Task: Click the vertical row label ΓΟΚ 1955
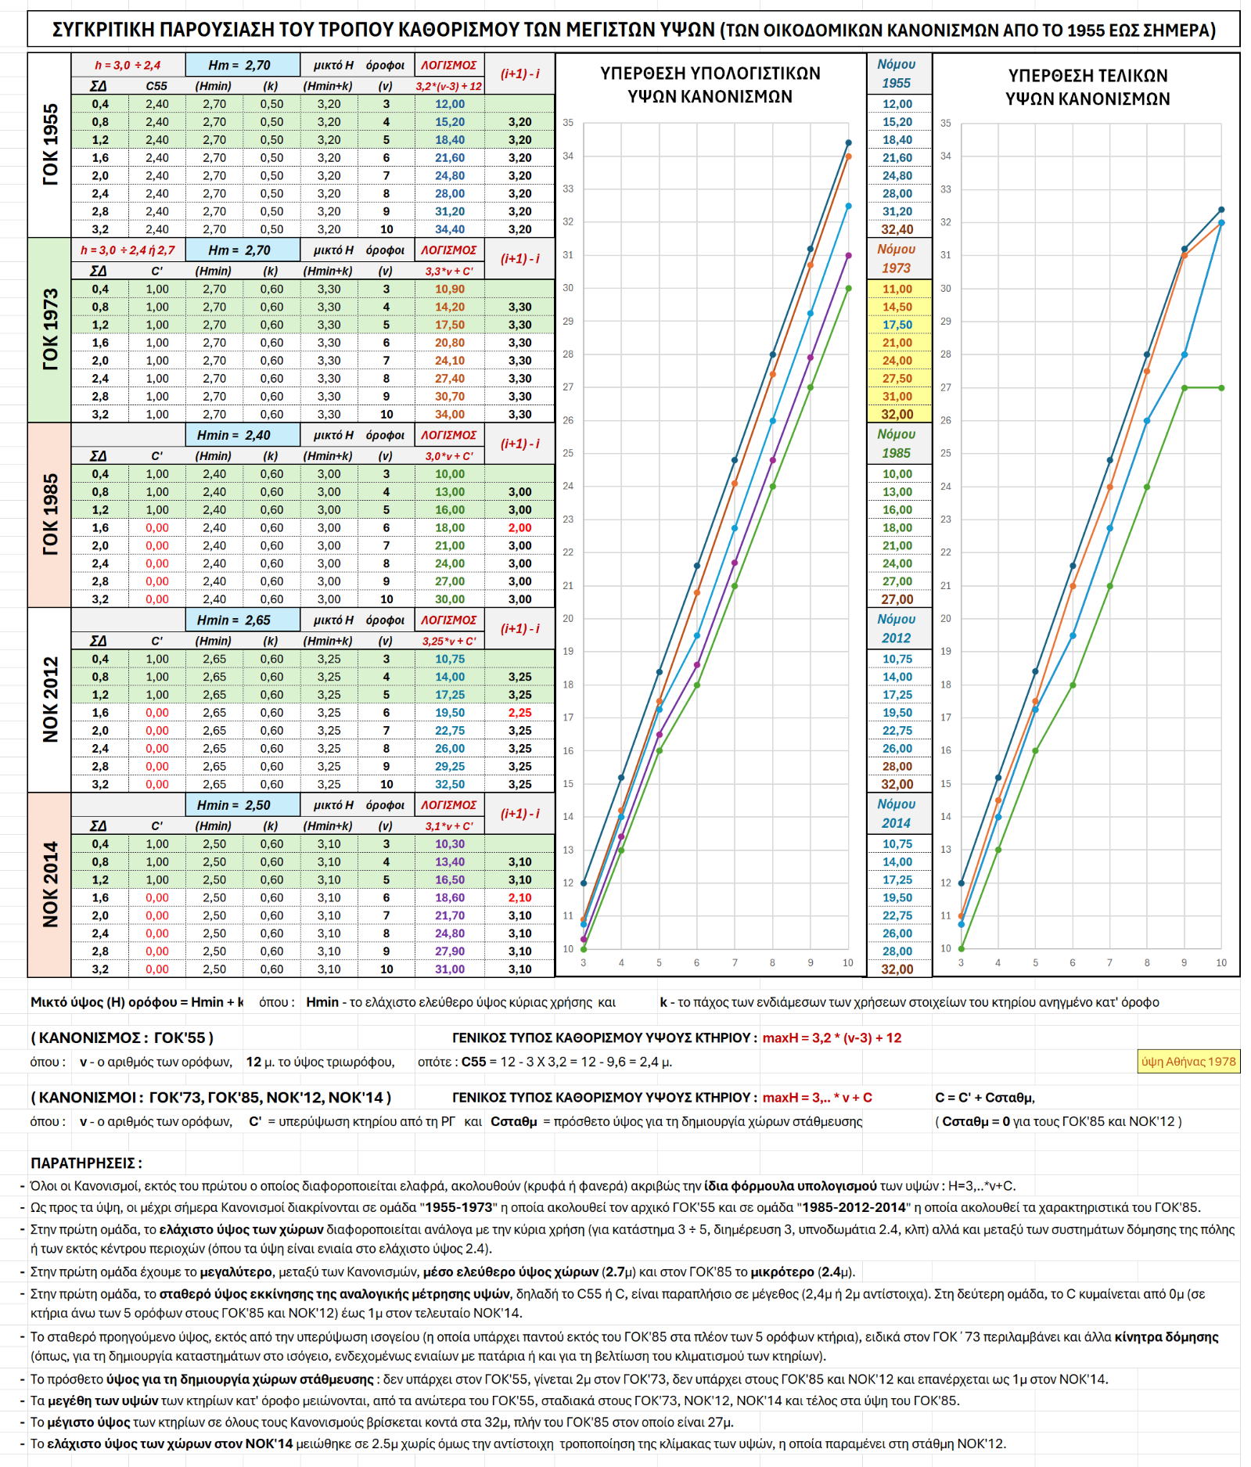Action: point(50,145)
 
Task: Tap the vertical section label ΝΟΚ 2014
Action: point(50,885)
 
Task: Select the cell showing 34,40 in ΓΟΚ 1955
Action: point(449,229)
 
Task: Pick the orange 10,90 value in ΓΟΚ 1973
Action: point(449,289)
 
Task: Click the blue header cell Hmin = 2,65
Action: point(243,620)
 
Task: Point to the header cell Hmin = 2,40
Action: point(243,435)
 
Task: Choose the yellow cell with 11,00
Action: point(897,289)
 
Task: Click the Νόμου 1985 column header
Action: point(897,443)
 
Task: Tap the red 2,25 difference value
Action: point(519,713)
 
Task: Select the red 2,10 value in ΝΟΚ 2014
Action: point(519,897)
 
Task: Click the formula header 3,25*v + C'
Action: point(449,641)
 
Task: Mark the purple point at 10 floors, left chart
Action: point(848,255)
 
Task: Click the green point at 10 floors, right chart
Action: point(1221,387)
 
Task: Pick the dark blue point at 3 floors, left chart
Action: point(584,883)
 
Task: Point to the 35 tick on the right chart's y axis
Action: point(946,123)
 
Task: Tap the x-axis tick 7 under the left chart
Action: point(735,962)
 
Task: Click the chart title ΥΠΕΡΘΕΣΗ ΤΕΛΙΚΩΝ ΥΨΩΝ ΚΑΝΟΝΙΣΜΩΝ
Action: point(1087,87)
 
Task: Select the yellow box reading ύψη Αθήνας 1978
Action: point(1188,1062)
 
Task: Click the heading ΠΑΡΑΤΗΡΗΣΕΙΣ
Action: point(86,1163)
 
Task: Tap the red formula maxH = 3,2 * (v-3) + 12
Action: point(832,1037)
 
